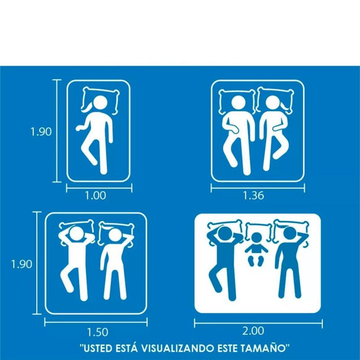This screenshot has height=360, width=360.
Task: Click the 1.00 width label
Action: pos(95,196)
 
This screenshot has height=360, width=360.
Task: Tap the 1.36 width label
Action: pos(253,196)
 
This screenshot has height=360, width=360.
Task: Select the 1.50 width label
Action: pos(97,332)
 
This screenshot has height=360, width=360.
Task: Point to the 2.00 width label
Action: pos(253,331)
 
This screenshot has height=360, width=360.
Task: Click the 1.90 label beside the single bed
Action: pos(41,132)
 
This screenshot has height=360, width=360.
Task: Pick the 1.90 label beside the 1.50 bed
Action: pos(22,264)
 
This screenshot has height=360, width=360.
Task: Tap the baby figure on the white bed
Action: pos(256,249)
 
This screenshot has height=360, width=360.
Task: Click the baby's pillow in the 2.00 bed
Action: pos(258,232)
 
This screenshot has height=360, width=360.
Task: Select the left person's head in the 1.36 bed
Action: pos(238,103)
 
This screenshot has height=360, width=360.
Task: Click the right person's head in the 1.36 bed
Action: pos(273,103)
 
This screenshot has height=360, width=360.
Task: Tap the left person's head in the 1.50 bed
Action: pos(76,234)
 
